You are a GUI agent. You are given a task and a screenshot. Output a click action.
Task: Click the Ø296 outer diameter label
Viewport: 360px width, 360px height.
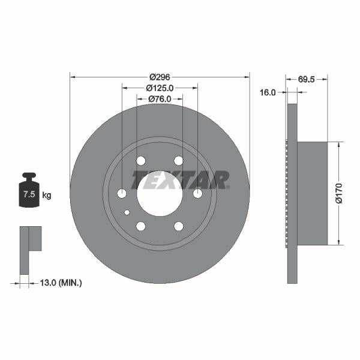(x=160, y=76)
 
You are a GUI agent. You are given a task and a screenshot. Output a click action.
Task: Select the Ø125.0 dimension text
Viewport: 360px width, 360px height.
(x=160, y=88)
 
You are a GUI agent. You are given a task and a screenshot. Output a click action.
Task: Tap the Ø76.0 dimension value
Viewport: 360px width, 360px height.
(x=160, y=99)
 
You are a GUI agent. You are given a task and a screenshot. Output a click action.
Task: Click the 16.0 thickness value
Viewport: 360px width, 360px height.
(x=268, y=92)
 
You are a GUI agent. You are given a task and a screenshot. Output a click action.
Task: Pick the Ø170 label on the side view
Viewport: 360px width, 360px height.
(x=340, y=193)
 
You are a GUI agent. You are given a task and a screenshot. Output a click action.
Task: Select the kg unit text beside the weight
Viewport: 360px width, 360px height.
(x=47, y=195)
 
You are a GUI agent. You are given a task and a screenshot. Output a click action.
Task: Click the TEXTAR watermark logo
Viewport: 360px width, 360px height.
(x=181, y=179)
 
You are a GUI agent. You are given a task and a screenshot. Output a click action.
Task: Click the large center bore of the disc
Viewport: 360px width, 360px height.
(x=160, y=193)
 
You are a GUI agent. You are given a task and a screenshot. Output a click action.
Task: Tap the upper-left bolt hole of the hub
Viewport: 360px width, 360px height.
(x=141, y=161)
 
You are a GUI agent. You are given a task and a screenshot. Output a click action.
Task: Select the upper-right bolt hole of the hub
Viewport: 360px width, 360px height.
(x=178, y=161)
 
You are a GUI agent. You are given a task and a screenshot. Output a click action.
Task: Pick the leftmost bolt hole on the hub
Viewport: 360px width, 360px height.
(x=122, y=193)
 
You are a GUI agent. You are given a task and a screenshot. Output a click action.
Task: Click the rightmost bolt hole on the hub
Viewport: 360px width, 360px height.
(x=197, y=193)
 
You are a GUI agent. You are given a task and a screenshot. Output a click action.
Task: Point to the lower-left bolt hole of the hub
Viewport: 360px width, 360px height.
(x=141, y=226)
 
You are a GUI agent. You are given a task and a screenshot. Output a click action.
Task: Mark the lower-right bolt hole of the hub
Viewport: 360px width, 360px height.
(x=178, y=226)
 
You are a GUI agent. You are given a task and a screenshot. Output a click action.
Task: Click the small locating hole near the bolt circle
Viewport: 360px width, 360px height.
(x=127, y=212)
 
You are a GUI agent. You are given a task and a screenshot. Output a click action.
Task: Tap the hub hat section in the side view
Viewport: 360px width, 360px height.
(x=312, y=193)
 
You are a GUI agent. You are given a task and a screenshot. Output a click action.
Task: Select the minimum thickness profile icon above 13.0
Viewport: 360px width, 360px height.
(x=30, y=241)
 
